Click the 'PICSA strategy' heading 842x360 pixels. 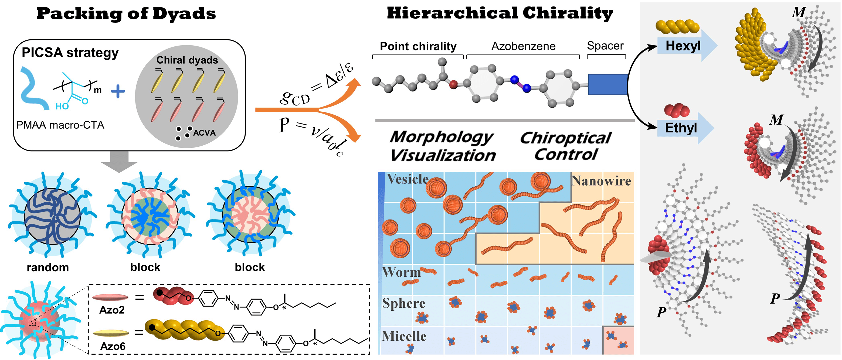click(70, 53)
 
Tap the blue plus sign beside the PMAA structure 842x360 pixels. click(118, 91)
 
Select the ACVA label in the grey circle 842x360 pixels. click(204, 133)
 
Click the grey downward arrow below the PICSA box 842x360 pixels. click(119, 162)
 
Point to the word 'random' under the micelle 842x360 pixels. click(48, 268)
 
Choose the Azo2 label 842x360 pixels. click(112, 310)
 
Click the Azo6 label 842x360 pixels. click(113, 346)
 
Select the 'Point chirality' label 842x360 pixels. click(418, 46)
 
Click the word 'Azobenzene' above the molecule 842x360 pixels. click(523, 46)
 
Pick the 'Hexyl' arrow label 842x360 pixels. click(683, 46)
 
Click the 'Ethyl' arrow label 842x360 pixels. click(681, 128)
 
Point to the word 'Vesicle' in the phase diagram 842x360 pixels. click(408, 179)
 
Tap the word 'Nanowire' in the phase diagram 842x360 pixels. click(601, 181)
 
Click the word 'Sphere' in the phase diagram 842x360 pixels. click(404, 303)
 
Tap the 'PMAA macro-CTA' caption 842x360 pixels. click(60, 125)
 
